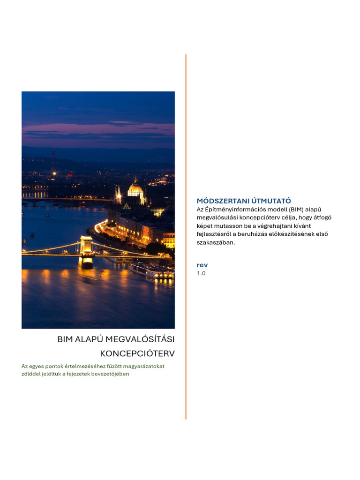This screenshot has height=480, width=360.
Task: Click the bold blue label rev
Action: point(202,265)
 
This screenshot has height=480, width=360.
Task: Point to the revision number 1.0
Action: point(201,273)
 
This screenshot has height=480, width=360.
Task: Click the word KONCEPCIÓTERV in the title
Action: point(137,353)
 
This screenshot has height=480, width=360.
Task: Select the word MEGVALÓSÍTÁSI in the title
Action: point(143,339)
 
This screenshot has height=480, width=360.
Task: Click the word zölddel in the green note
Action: point(32,374)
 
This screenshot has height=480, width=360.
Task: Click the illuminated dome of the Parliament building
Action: point(135,189)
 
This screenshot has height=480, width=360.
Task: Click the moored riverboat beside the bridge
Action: point(152,270)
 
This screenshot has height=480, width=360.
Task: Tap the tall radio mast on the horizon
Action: point(52,161)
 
